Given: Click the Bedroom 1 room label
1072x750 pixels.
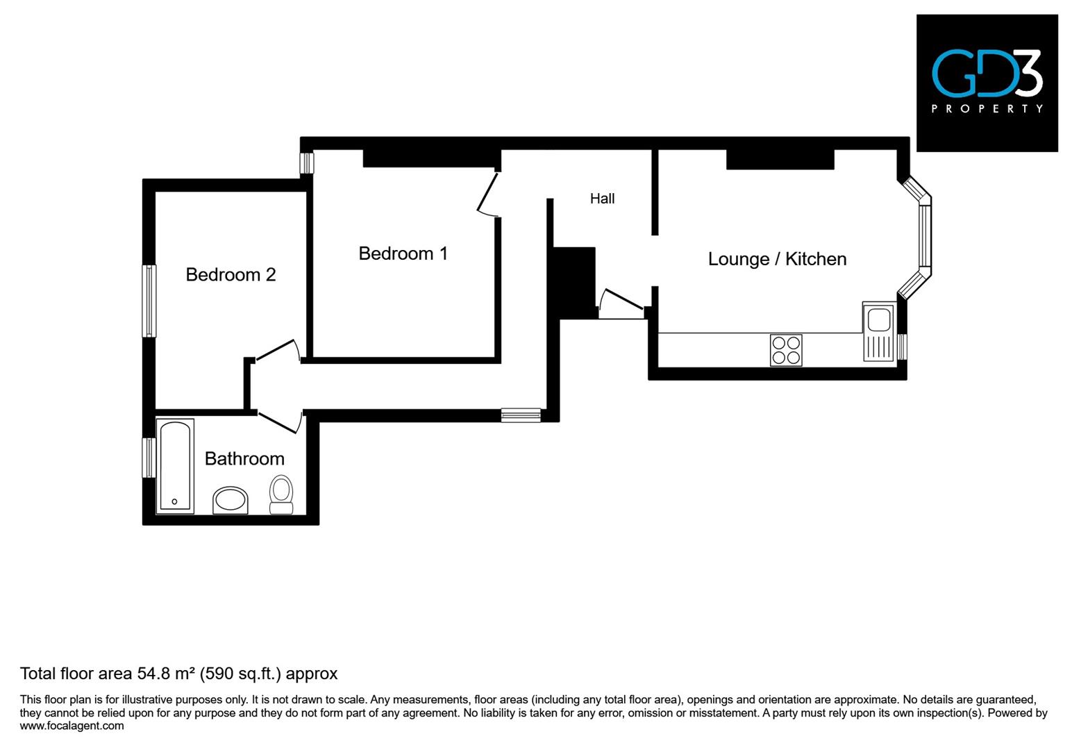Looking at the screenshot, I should click(403, 253).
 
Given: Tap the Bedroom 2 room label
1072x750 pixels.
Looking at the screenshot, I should click(231, 275).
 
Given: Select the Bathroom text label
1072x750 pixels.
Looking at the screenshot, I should click(244, 459).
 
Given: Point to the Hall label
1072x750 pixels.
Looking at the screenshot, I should click(602, 199).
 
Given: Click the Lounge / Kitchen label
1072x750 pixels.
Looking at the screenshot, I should click(777, 259).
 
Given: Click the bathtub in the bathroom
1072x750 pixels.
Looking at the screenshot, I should click(175, 465).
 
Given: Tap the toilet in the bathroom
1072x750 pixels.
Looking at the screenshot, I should click(281, 494).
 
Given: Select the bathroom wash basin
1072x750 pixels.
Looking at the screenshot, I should click(231, 500).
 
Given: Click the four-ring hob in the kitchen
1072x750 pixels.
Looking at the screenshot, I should click(786, 350).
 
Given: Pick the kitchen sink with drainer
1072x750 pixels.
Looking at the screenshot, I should click(879, 331).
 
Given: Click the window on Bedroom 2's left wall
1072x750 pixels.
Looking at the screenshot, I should click(149, 301).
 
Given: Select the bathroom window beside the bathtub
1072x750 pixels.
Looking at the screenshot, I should click(148, 458).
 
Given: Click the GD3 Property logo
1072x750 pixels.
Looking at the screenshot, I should click(987, 83).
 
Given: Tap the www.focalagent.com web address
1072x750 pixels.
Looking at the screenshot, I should click(72, 726).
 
